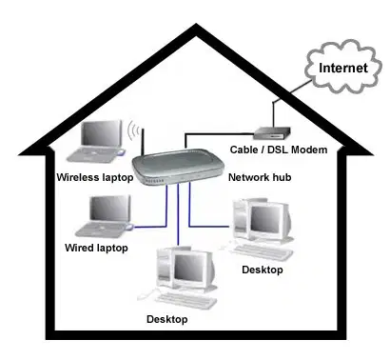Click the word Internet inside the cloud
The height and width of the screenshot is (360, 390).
(343, 68)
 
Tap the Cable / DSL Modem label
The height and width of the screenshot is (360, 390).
(279, 150)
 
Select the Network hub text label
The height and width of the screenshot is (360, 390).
(260, 177)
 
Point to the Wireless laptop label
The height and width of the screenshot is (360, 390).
(95, 177)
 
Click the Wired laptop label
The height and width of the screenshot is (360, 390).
(96, 248)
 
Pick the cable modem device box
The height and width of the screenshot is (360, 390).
(272, 133)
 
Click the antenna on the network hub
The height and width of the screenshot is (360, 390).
(143, 142)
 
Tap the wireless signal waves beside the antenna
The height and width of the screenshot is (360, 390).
(133, 130)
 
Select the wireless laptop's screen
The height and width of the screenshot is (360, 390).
(101, 133)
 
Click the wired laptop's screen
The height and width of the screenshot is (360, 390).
(109, 209)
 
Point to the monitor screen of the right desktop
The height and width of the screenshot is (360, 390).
(265, 219)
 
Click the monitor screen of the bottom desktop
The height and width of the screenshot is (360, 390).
(188, 268)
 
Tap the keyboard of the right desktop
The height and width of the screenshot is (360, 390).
(262, 251)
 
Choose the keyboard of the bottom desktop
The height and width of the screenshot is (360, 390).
(185, 300)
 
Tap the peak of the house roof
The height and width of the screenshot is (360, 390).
(196, 25)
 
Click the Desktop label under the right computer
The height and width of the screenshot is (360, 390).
(263, 270)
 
